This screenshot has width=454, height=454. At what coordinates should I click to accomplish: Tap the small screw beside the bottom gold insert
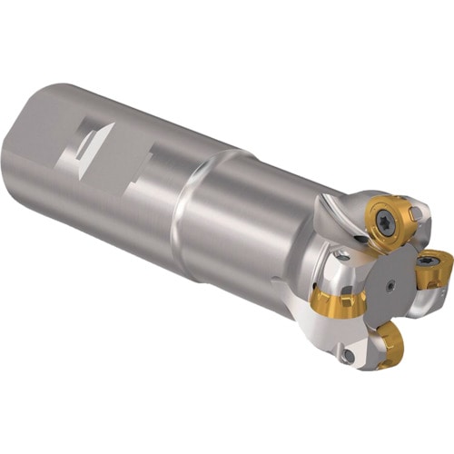click(349, 357)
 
